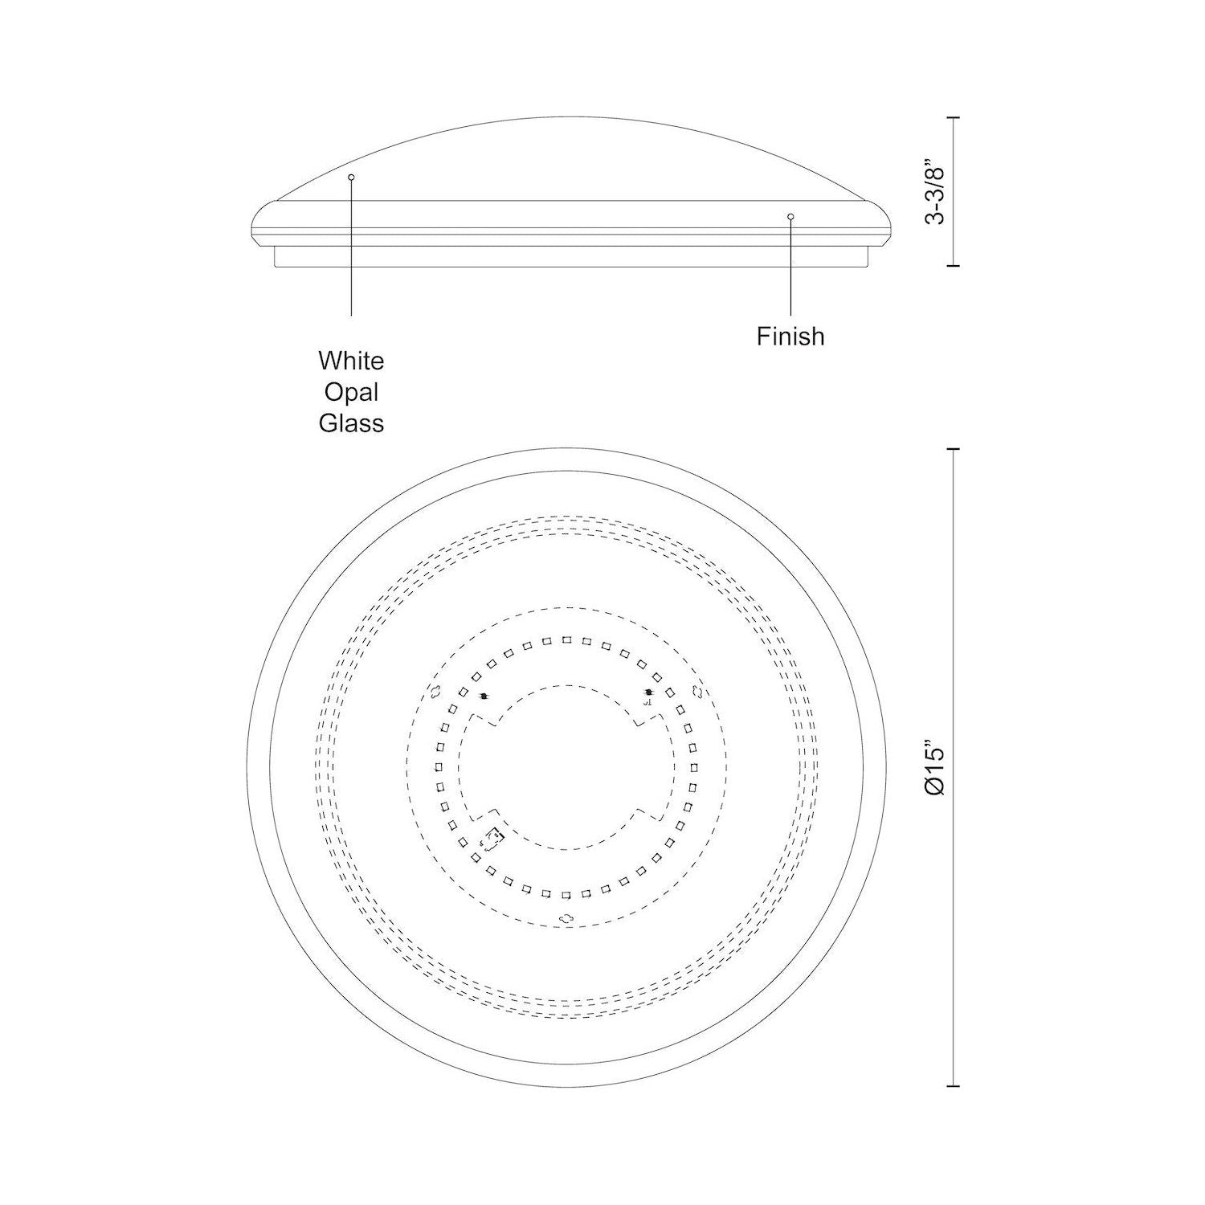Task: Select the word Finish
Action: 790,336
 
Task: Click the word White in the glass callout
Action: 351,361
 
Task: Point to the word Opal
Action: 351,393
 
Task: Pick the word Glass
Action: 351,423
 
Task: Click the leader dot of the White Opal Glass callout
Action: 351,177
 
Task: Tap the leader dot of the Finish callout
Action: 790,216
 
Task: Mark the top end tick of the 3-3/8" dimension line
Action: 954,118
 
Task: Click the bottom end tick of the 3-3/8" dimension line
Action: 954,264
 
